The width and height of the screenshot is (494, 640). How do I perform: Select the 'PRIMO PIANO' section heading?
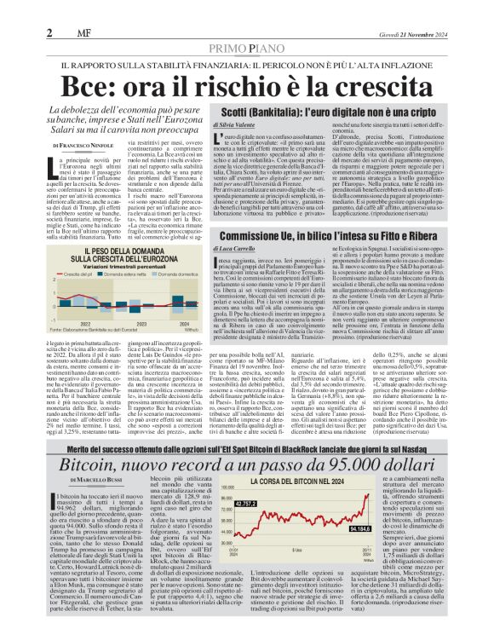pyautogui.click(x=247, y=49)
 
